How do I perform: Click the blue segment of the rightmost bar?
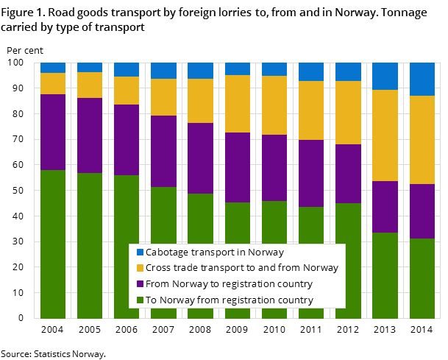(x=422, y=79)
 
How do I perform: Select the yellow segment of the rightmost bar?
(x=422, y=140)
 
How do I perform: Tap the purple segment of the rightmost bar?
(x=422, y=211)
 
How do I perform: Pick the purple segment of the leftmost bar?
(x=53, y=132)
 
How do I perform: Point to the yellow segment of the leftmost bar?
(x=53, y=83)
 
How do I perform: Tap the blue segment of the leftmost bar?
(x=53, y=68)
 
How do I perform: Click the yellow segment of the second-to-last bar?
(x=385, y=135)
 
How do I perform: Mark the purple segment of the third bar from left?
(x=127, y=140)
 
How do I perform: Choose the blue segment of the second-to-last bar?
(x=385, y=76)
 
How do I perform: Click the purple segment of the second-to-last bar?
(x=385, y=207)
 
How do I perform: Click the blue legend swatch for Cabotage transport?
(x=140, y=252)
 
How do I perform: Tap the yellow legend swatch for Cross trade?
(x=140, y=268)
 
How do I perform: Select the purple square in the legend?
(x=140, y=284)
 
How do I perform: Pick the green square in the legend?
(x=140, y=300)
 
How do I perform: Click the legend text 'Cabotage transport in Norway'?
(x=215, y=252)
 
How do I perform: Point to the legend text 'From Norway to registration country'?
(x=229, y=284)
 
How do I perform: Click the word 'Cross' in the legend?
(x=159, y=268)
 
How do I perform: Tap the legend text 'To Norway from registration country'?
(x=229, y=300)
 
